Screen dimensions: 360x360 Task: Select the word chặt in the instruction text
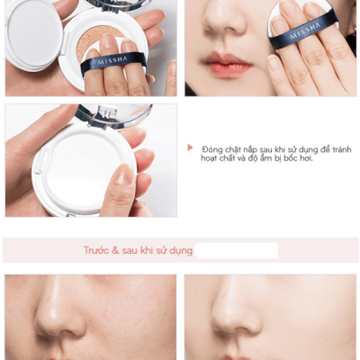[x=237, y=148]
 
